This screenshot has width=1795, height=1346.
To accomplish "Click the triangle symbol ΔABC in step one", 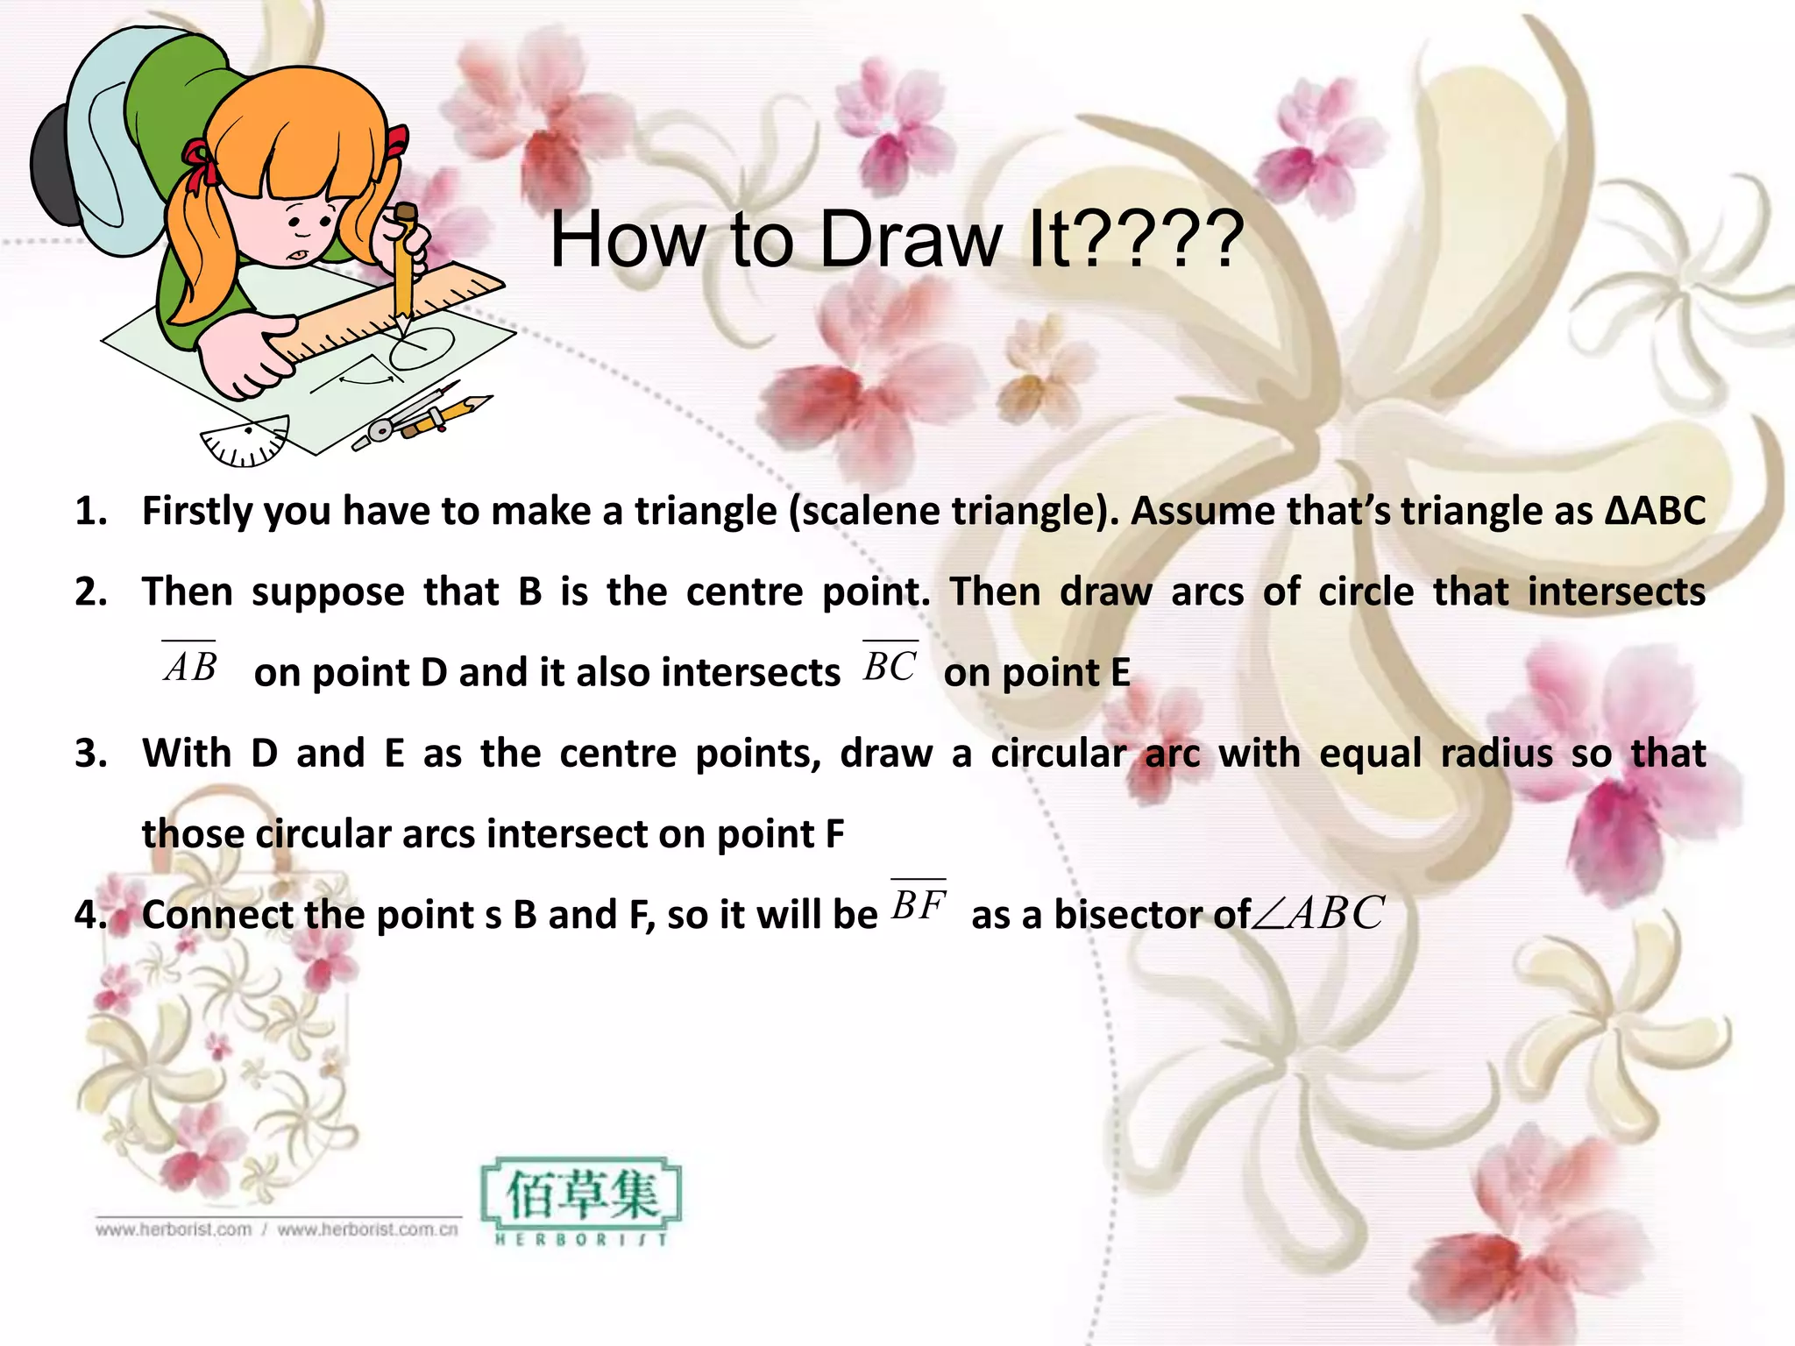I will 1655,511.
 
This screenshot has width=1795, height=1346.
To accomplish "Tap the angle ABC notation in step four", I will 1319,913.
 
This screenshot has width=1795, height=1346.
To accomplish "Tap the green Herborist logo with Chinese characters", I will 581,1201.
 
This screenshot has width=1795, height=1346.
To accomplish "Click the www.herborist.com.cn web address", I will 368,1229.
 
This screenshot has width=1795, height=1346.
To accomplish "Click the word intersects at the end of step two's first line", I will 1616,592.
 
